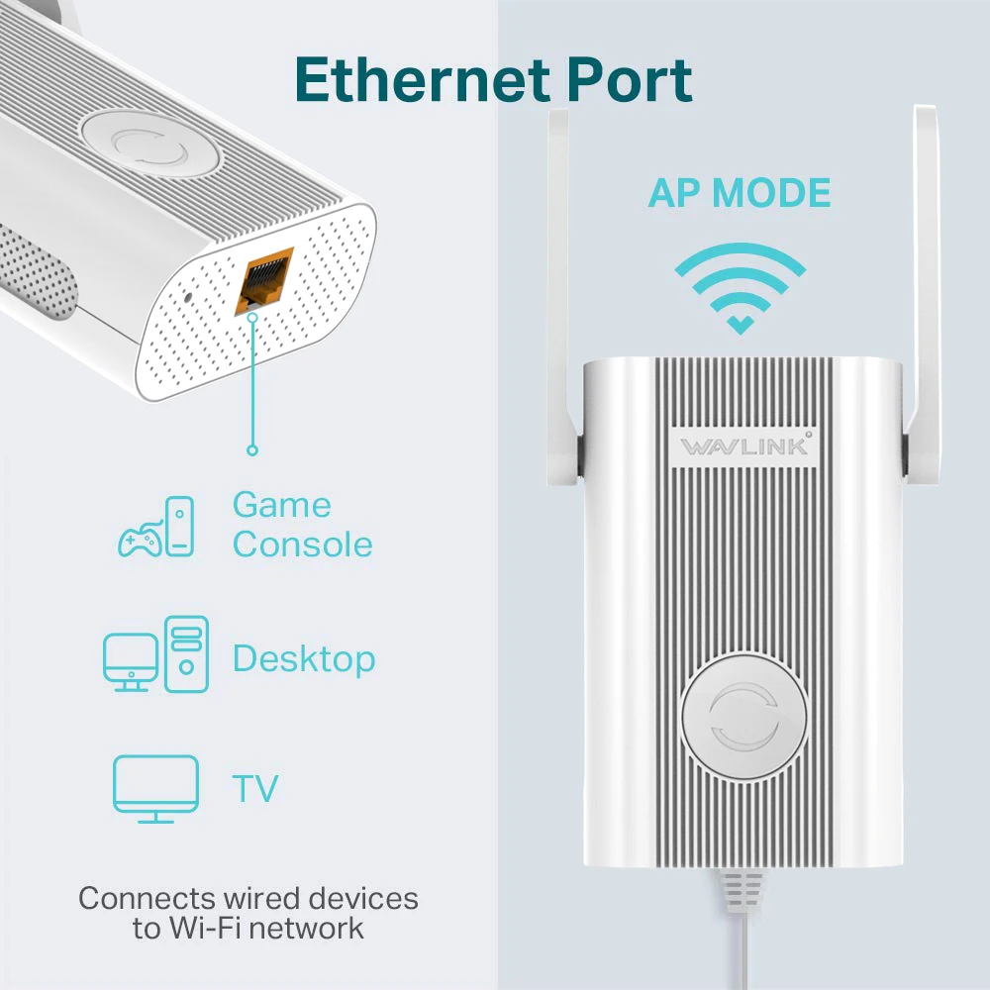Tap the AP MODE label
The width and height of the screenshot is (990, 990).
tap(740, 193)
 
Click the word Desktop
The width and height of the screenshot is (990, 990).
tap(304, 658)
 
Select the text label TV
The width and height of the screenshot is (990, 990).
tap(254, 789)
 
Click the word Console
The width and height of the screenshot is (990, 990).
tap(303, 544)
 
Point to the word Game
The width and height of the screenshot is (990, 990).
tap(281, 505)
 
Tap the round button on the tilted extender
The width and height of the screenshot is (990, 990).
tap(148, 147)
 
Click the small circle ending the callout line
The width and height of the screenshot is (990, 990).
tap(252, 450)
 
